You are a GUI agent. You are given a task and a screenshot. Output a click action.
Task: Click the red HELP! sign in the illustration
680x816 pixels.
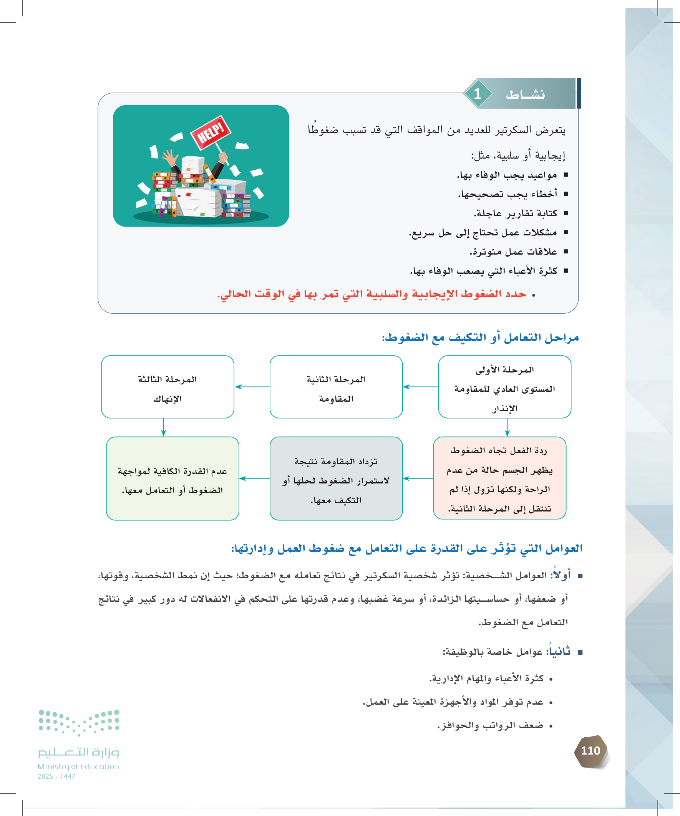(x=211, y=132)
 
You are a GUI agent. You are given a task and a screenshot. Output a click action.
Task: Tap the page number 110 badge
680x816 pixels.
(x=590, y=751)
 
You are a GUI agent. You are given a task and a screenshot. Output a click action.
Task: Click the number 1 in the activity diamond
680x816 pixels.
(x=478, y=94)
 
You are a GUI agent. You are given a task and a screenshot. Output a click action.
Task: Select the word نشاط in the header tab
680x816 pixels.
(x=525, y=94)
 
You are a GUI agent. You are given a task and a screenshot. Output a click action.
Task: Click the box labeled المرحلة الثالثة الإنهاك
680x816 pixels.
(x=168, y=387)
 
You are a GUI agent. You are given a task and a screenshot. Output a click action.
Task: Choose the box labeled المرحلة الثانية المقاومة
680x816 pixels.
(x=336, y=387)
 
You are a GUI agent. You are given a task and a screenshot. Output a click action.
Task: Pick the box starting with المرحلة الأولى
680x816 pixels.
(x=505, y=387)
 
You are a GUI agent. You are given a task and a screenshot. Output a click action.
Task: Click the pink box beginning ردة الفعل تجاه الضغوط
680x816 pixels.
(x=499, y=478)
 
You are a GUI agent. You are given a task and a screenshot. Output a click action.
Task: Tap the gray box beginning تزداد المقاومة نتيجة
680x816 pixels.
(x=336, y=478)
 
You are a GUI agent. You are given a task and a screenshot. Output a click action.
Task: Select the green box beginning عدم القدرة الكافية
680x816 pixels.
(x=172, y=478)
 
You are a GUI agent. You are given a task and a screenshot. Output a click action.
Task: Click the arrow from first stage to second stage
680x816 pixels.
(x=421, y=387)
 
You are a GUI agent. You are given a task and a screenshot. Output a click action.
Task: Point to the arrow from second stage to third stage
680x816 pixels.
(x=252, y=387)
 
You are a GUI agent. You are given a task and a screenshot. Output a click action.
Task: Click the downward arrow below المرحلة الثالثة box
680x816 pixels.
(x=164, y=427)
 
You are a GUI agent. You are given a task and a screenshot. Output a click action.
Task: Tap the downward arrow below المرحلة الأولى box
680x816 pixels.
(x=507, y=427)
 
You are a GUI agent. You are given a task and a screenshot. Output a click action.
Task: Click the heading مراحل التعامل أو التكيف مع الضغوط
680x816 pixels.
(x=480, y=338)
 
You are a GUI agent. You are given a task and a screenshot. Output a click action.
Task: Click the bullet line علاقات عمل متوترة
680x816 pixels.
(x=513, y=252)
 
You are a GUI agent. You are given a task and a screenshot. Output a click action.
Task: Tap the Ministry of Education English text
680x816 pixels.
(x=78, y=766)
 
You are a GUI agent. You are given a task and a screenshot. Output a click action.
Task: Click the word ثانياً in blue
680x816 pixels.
(x=559, y=651)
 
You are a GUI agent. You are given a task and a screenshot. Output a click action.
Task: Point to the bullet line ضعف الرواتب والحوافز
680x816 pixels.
(x=490, y=725)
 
